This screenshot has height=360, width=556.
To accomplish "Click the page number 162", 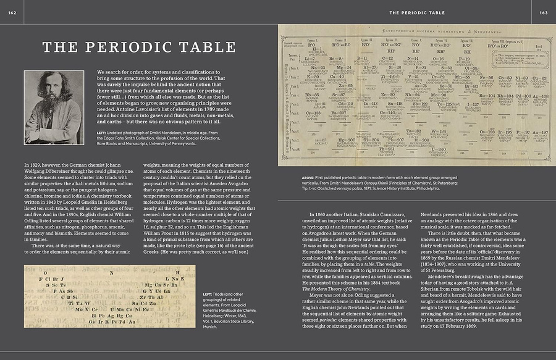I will tap(12, 12).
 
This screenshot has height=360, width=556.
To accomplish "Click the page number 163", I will tap(543, 12).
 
